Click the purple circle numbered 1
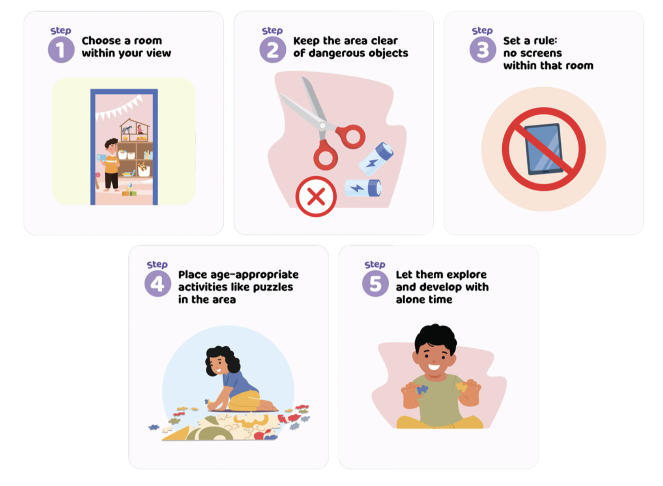pos(61,49)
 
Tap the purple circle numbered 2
pos(272,49)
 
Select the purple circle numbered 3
pos(483,49)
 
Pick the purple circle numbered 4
pos(158,283)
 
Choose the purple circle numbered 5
pos(375,283)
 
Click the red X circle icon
pos(316,196)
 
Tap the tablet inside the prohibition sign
pos(544,149)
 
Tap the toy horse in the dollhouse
pos(127,130)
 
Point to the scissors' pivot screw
pos(323,126)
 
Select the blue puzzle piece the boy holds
pos(422,389)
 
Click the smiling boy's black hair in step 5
pos(435,338)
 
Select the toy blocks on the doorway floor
pos(129,190)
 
